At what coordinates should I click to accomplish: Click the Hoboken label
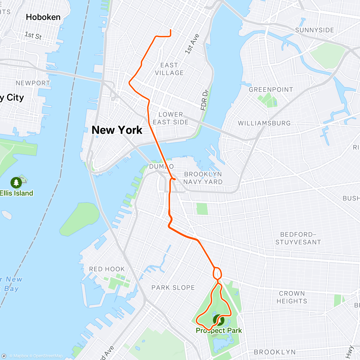43,17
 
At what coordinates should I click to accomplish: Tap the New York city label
117,130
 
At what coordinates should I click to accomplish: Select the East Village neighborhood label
169,69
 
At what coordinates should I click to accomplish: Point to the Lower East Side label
171,118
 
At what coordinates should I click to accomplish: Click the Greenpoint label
271,89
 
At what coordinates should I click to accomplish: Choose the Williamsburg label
264,123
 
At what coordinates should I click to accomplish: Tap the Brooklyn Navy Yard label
203,178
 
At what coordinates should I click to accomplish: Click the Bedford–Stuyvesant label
298,238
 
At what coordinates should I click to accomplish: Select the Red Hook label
107,269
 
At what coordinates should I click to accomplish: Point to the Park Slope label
173,287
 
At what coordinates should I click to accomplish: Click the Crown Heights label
292,297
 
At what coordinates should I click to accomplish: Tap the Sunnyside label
314,30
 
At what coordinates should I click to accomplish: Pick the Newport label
33,83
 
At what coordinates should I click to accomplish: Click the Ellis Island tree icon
16,182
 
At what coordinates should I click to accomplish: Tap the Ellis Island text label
16,193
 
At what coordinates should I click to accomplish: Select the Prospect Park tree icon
219,320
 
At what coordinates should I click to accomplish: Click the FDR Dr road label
205,100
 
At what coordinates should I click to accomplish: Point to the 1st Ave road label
192,44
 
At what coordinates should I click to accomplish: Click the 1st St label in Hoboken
33,36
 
